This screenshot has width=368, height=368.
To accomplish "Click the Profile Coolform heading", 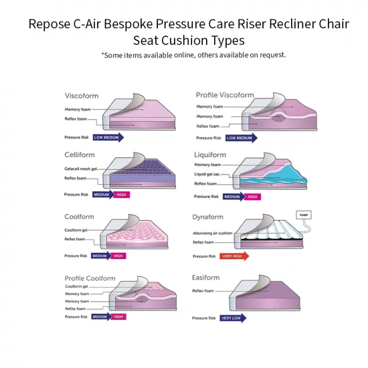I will (90, 278).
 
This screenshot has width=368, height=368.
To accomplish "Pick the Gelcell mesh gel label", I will (81, 169).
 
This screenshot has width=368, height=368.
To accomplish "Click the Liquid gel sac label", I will (207, 174).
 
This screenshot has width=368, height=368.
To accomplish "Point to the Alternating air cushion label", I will (212, 233).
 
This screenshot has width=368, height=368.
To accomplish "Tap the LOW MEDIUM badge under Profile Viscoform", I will (240, 138).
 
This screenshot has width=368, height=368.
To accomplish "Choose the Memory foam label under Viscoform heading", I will (78, 109).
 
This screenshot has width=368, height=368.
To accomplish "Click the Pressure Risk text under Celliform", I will (76, 195).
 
